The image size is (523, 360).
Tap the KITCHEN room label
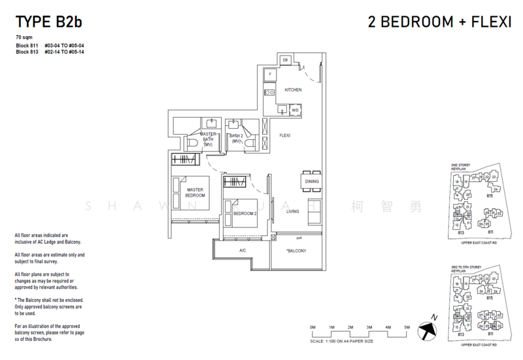point(292,90)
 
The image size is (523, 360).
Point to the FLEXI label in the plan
point(284,135)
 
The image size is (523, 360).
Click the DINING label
point(312,181)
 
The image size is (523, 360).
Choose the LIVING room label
point(292,211)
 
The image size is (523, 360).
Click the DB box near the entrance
point(285,61)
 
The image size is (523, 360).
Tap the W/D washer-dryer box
point(295,111)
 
